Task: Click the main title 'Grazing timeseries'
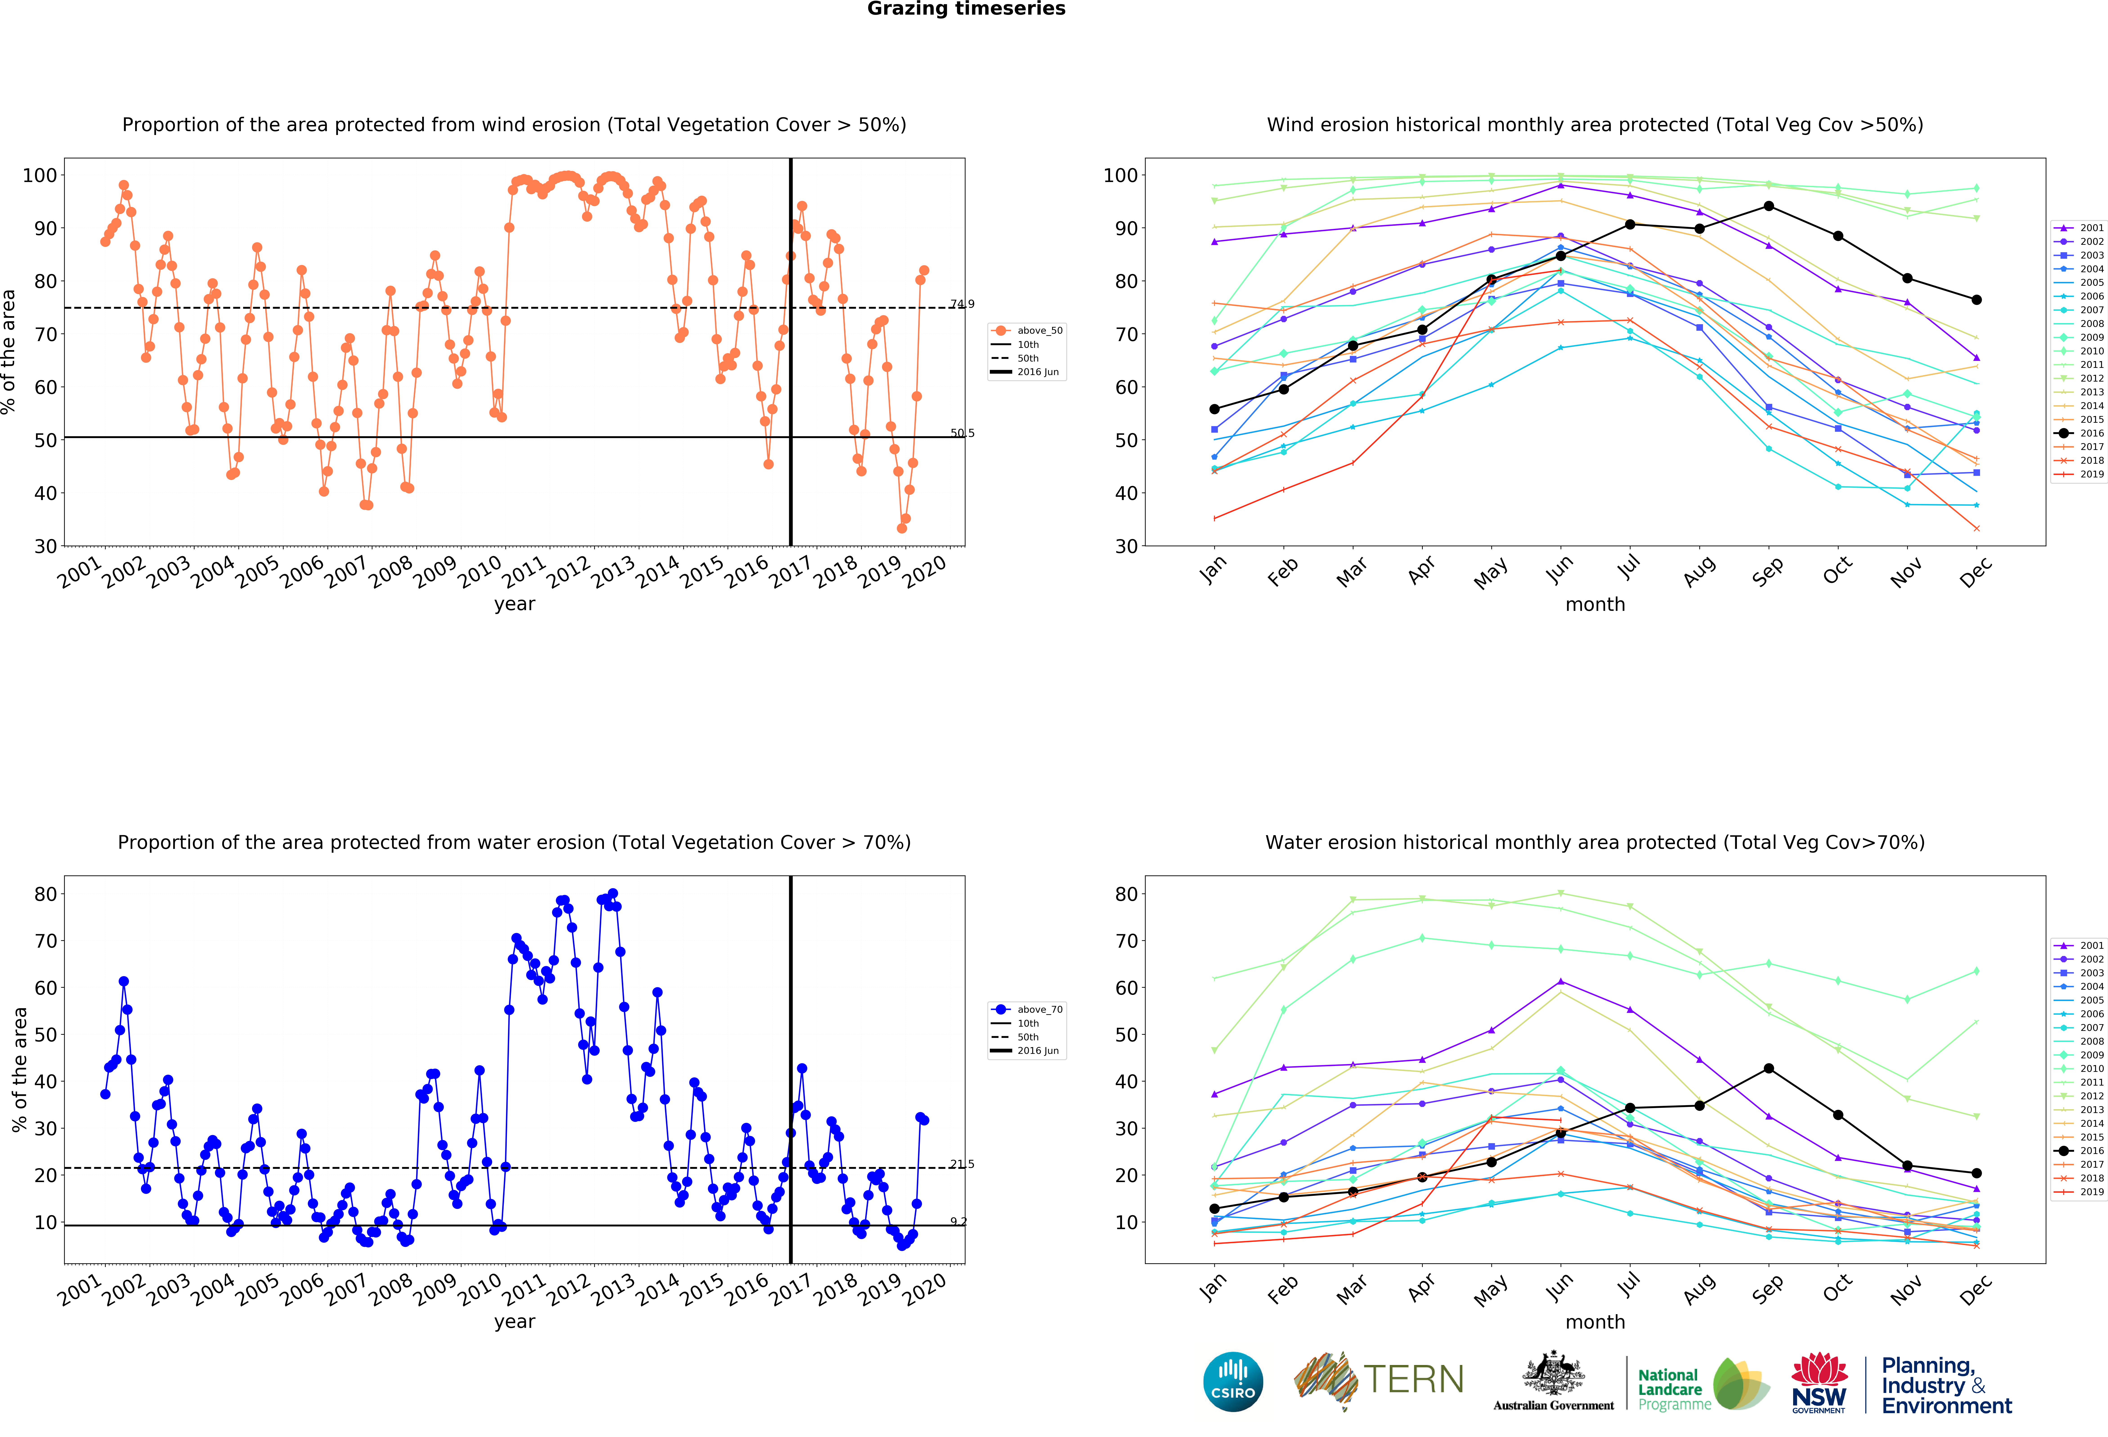coord(966,9)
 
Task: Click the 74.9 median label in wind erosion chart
coord(962,304)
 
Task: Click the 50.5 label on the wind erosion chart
coord(962,433)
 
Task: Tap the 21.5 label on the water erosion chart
coord(962,1164)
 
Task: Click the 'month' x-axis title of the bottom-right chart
coord(1595,1322)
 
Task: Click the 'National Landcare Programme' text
coord(1673,1389)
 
